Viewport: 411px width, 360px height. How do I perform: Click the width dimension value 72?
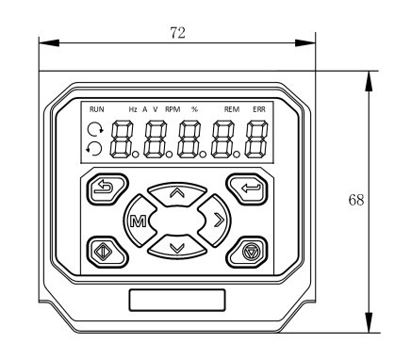point(178,33)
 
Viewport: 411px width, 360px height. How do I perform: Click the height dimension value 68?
point(356,200)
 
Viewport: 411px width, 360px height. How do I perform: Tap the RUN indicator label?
point(97,109)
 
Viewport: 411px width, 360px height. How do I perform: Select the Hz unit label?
point(133,109)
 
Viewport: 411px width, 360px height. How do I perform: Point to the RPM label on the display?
point(173,109)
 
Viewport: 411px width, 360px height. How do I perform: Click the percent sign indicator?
point(195,109)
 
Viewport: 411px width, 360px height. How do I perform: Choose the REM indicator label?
point(232,109)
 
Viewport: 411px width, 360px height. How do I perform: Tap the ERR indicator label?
point(259,109)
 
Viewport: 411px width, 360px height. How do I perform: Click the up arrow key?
point(177,193)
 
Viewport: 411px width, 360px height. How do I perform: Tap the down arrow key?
point(177,247)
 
